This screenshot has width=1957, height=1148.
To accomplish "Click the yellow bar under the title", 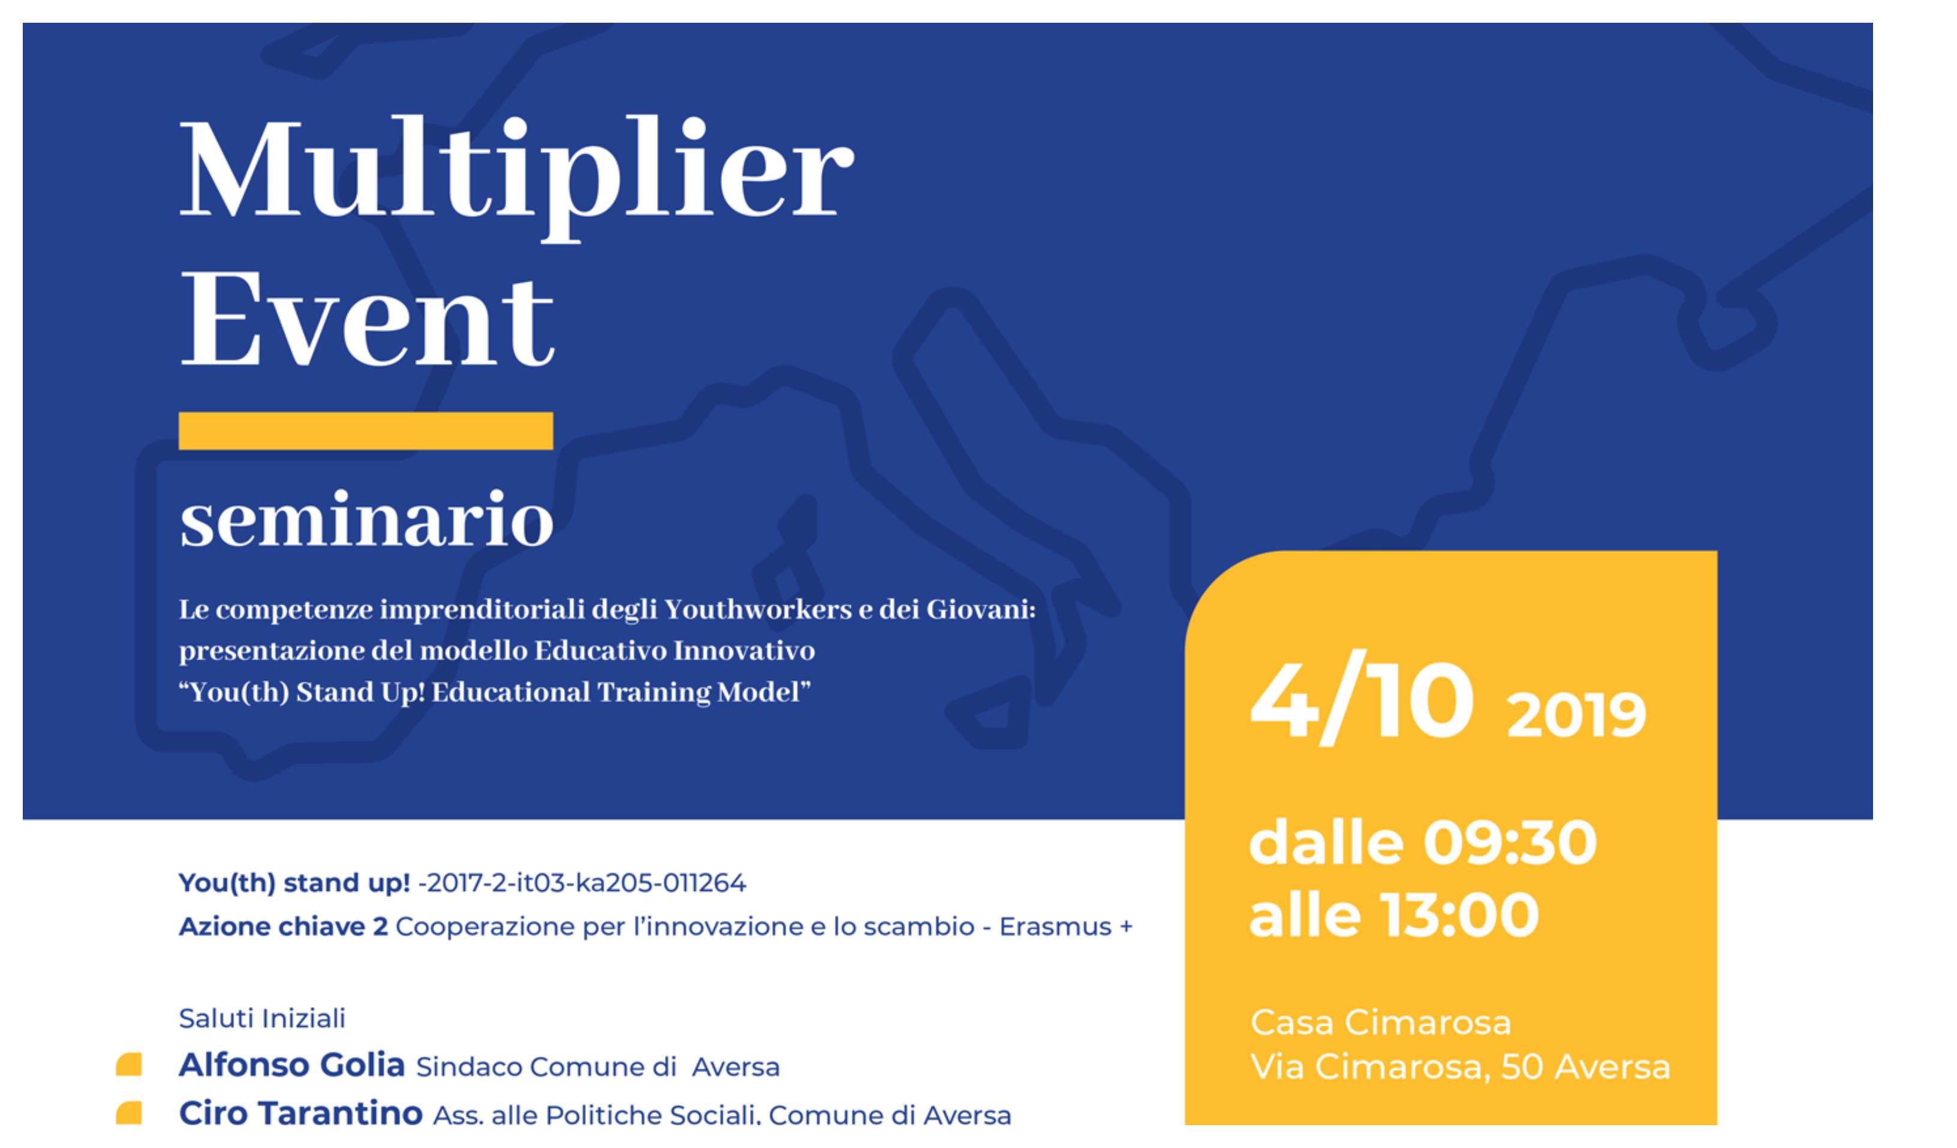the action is [x=366, y=431].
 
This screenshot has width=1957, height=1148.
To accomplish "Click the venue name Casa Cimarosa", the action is [x=1381, y=1022].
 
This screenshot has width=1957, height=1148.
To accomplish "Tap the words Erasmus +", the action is [x=1065, y=927].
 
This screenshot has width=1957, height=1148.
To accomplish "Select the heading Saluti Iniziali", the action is [x=261, y=1019].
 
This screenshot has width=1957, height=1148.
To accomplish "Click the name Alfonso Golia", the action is [x=292, y=1066].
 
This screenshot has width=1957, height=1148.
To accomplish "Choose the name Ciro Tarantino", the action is [x=300, y=1114].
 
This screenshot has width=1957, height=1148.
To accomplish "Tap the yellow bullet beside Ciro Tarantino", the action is [x=128, y=1113].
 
